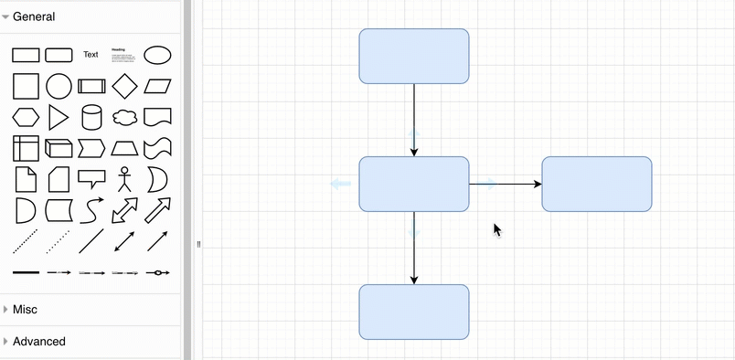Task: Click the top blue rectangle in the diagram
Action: (x=413, y=56)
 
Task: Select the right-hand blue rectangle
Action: (x=596, y=184)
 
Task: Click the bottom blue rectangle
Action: (x=413, y=312)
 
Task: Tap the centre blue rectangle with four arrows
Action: (x=413, y=184)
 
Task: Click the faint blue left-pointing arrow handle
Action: (x=340, y=184)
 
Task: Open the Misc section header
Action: (x=26, y=310)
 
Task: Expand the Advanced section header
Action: (x=38, y=341)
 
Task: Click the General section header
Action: (x=33, y=16)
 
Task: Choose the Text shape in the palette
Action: (x=91, y=55)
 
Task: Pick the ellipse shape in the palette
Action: (x=157, y=55)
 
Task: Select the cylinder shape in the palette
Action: (x=91, y=117)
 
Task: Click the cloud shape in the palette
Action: (x=124, y=117)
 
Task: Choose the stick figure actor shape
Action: (x=124, y=178)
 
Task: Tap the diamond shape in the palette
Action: (x=124, y=86)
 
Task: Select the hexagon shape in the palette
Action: (x=25, y=117)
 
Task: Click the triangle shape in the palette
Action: (x=58, y=117)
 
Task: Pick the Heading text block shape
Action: (x=124, y=55)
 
